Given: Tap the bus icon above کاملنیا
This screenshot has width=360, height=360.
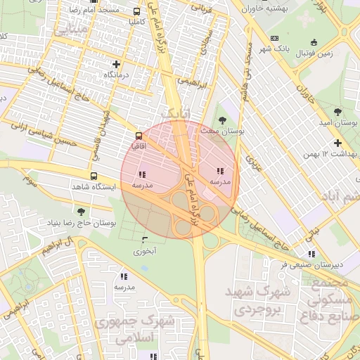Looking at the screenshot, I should pos(136,12).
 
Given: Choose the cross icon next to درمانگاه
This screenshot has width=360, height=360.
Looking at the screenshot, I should pos(97,64).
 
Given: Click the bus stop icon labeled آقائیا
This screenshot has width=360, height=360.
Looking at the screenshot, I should pos(137,135).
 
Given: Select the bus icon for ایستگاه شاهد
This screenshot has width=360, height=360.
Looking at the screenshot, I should pos(94,176).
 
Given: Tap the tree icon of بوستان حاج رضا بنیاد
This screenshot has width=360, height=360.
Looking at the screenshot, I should pos(82,211).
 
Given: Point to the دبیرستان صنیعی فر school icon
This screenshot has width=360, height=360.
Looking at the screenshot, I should pos(311,255).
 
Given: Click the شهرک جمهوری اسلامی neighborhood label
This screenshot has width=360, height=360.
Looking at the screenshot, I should pos(147,330).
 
